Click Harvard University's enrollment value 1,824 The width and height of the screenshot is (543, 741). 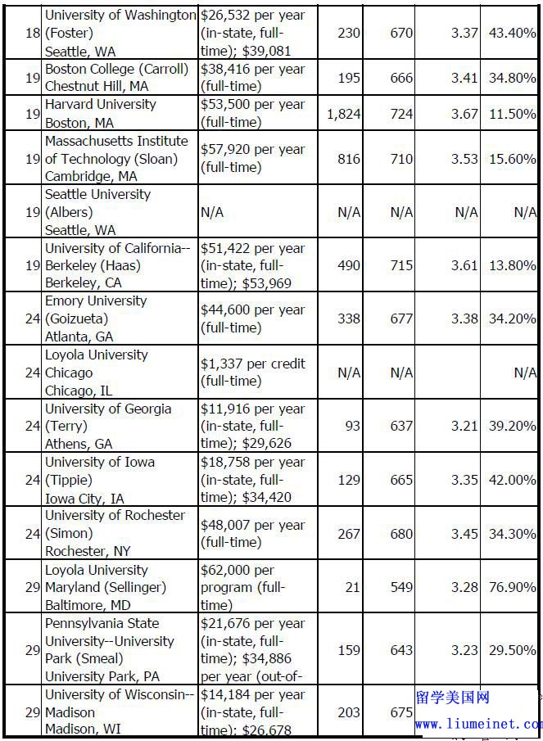tap(343, 114)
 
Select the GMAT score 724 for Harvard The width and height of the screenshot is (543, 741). tap(401, 114)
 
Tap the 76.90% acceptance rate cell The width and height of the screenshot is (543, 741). tap(514, 587)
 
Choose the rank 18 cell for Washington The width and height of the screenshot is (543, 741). tap(33, 34)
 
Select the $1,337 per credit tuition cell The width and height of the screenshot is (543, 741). tap(252, 372)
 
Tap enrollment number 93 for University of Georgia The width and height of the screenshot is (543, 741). tap(349, 426)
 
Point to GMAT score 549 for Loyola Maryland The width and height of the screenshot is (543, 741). tap(401, 587)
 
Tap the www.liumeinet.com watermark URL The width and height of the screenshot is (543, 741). tap(478, 724)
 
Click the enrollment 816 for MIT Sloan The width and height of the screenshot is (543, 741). tap(349, 158)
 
